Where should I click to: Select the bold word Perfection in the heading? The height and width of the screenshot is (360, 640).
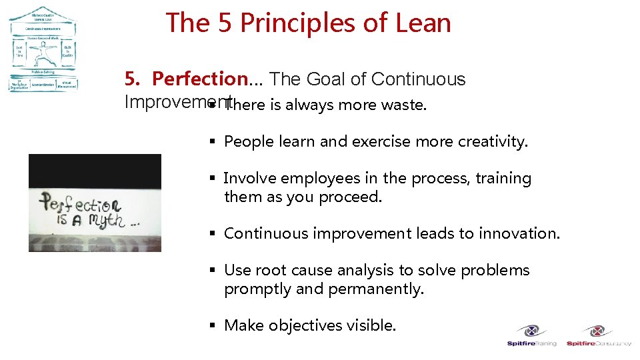(x=199, y=79)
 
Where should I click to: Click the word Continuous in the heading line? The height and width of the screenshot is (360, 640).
(x=418, y=79)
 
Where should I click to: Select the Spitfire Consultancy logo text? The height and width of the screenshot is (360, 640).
(x=599, y=344)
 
